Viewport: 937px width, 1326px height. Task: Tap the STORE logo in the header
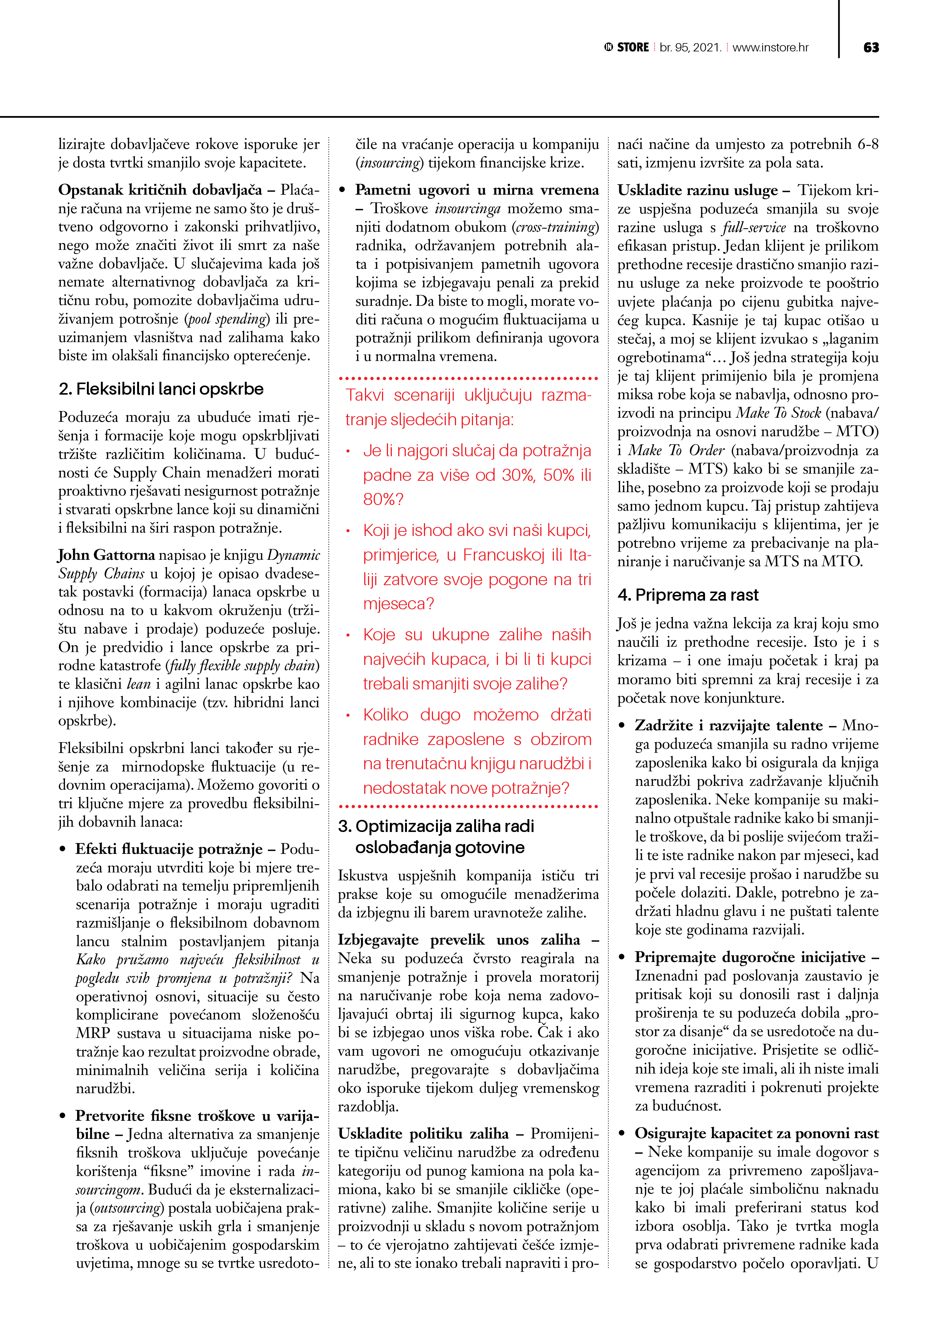coord(627,47)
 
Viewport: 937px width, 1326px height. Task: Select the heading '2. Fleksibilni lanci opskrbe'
coord(161,389)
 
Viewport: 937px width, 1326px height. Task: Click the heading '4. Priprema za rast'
coord(688,595)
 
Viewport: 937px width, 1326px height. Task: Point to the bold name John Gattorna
coord(106,555)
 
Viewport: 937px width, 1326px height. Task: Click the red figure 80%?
coord(383,499)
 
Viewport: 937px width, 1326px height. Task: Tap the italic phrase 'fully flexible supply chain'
coord(243,666)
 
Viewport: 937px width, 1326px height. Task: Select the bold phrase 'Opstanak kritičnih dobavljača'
coord(160,190)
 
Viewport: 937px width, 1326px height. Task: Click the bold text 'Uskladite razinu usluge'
coord(697,190)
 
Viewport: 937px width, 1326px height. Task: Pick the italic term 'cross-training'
coord(555,227)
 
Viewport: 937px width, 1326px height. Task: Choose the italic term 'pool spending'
coord(227,319)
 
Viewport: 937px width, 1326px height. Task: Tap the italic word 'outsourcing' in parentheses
coord(128,1208)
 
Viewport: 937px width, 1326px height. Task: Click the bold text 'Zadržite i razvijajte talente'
coord(728,725)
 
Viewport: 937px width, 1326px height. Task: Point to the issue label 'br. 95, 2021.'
coord(691,47)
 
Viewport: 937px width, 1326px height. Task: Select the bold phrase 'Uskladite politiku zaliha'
coord(423,1134)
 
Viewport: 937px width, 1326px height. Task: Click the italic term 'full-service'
coord(754,228)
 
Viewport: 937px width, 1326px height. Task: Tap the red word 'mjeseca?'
coord(398,604)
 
